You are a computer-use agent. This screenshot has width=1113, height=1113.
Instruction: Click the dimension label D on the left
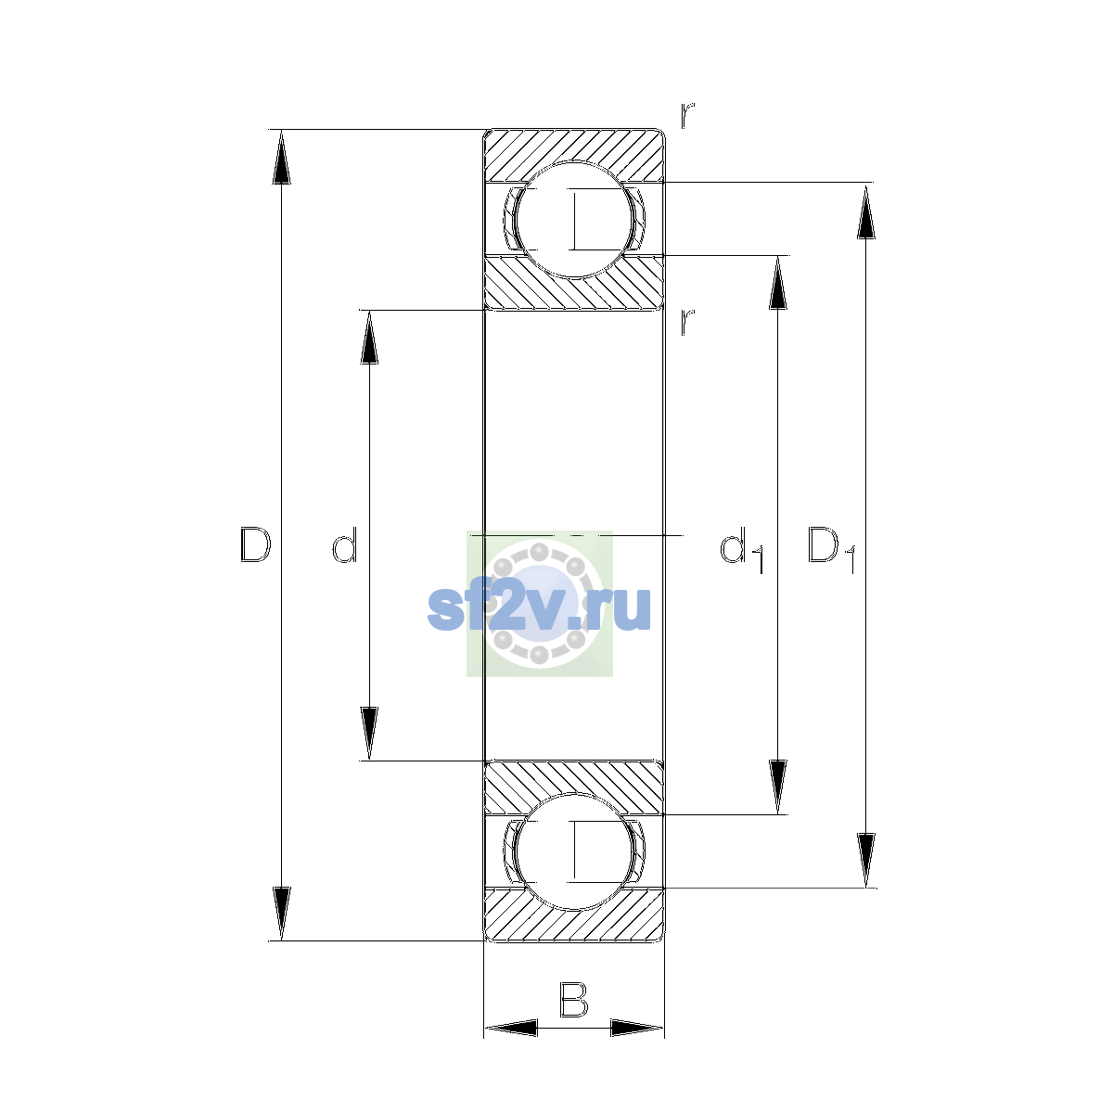click(x=255, y=544)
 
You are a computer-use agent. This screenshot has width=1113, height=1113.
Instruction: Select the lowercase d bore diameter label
click(x=345, y=544)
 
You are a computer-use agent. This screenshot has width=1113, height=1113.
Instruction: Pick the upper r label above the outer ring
click(x=686, y=115)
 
